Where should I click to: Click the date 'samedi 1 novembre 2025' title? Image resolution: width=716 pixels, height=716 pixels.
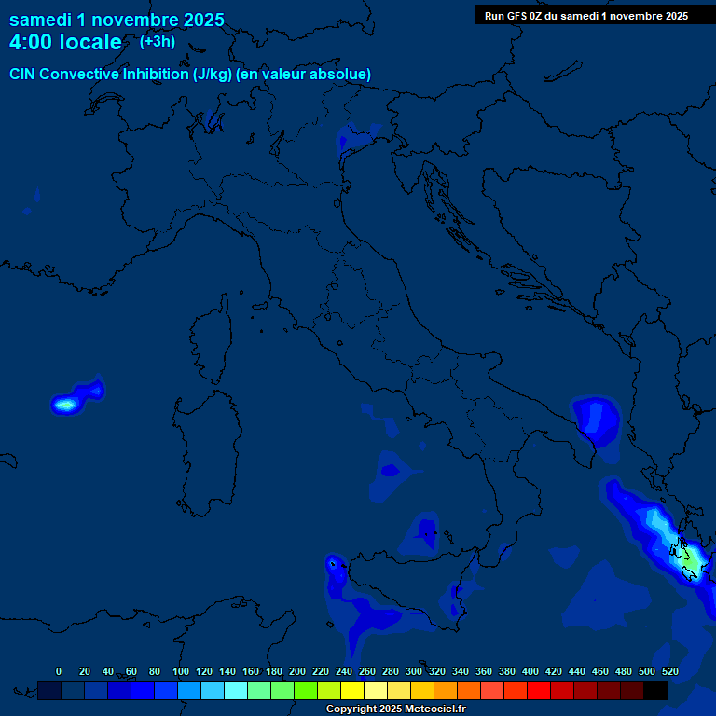117,20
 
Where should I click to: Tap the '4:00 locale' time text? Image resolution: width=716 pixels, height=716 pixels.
65,43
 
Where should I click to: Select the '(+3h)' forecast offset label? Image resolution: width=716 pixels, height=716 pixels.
158,42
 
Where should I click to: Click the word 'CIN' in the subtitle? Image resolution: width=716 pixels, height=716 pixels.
23,74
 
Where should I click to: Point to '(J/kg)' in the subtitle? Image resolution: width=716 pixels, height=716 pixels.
213,74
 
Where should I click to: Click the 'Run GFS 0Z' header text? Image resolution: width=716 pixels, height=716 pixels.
513,16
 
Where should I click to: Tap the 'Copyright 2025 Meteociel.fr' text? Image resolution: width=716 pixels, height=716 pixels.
395,709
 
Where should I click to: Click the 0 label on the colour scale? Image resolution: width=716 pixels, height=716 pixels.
59,671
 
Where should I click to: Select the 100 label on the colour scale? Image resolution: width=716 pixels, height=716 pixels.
181,671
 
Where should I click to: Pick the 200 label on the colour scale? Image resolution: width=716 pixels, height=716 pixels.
297,671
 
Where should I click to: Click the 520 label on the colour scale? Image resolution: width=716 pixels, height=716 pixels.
669,671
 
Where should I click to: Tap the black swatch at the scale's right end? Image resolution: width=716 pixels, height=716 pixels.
655,690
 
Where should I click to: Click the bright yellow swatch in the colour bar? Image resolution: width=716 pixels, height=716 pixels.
352,690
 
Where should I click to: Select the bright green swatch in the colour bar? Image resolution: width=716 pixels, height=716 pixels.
306,690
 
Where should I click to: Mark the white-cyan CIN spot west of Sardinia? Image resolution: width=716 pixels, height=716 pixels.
65,405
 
